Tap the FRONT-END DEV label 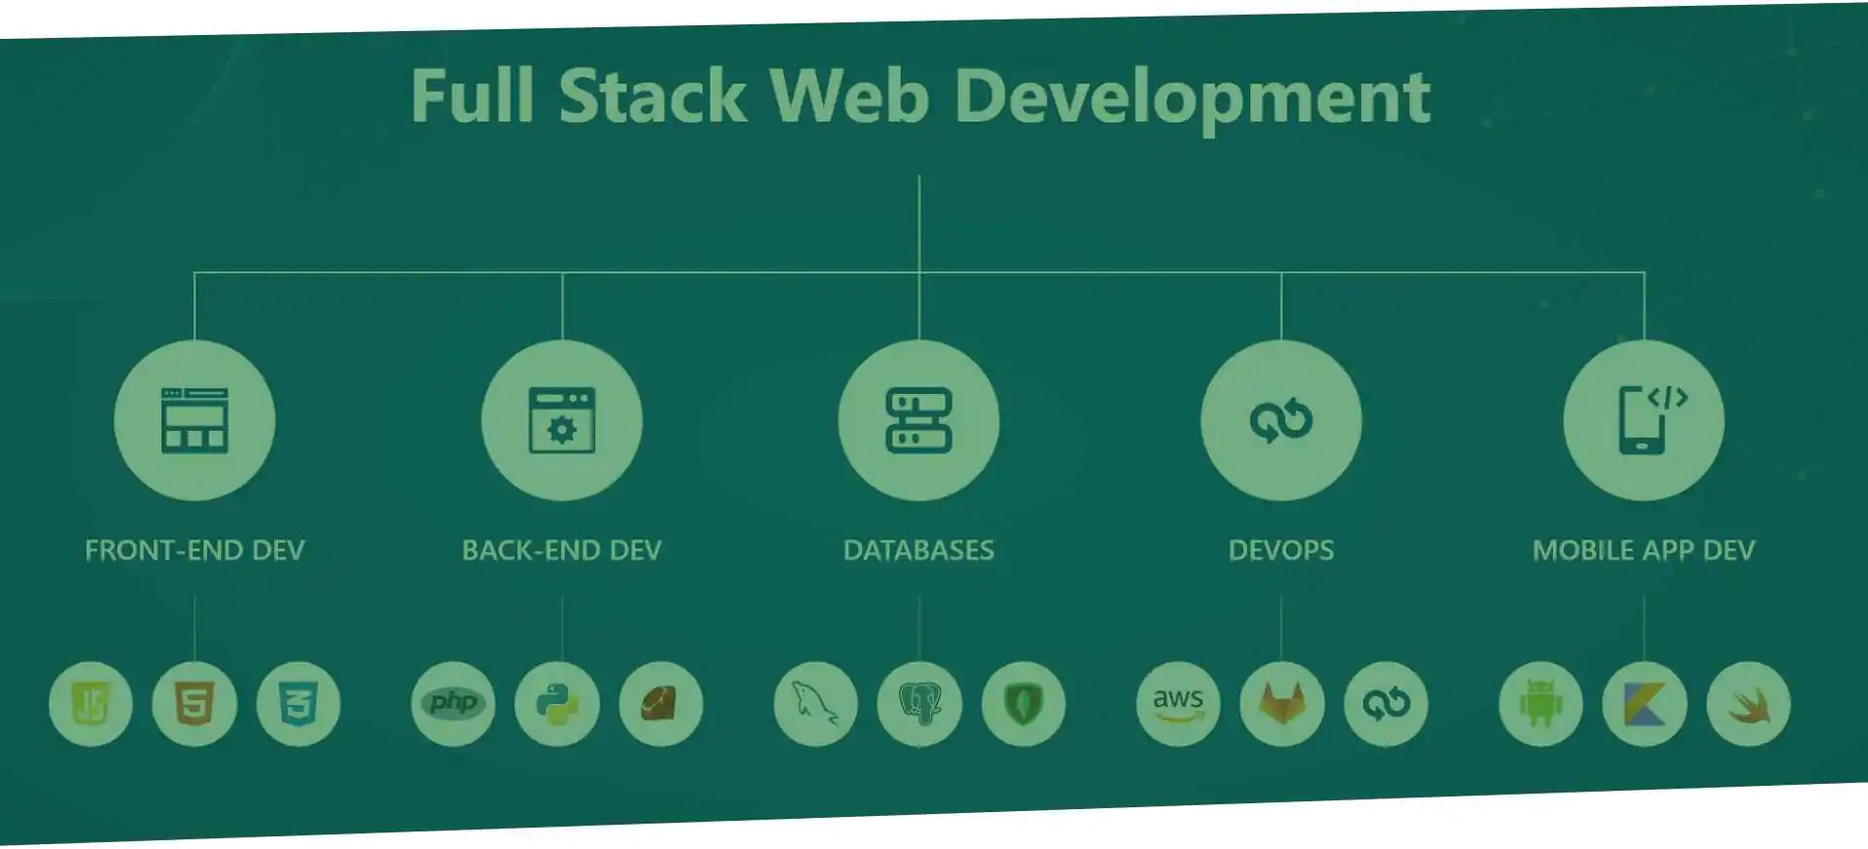(x=195, y=550)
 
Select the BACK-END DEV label (x=561, y=550)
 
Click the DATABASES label (x=918, y=550)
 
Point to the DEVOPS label (x=1280, y=550)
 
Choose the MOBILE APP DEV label (x=1643, y=550)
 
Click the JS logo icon (x=90, y=704)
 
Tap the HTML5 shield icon (x=195, y=704)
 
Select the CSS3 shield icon (x=298, y=704)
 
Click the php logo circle (x=453, y=704)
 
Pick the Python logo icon (x=557, y=704)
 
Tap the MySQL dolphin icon (x=815, y=704)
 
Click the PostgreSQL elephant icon (x=919, y=704)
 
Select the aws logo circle (x=1178, y=704)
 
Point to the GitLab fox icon (x=1282, y=704)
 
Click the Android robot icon (x=1541, y=704)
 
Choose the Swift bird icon (x=1748, y=704)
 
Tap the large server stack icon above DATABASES (x=918, y=420)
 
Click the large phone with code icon (x=1644, y=420)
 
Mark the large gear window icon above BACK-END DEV (x=561, y=420)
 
